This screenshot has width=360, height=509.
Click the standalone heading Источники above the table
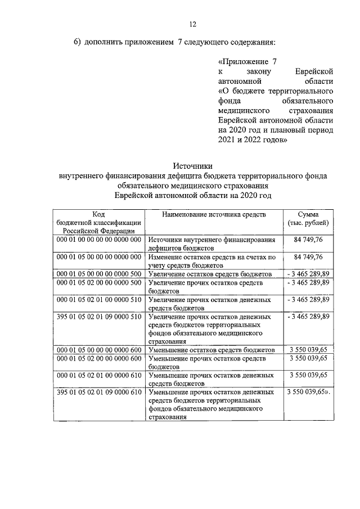pos(193,166)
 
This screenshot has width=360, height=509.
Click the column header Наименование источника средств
pos(214,215)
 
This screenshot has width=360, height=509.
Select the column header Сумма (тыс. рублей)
pos(308,219)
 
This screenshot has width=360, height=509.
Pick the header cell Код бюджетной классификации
pos(98,223)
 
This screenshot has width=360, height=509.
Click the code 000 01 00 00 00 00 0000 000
pos(98,240)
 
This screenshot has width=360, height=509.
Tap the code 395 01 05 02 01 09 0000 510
pos(98,317)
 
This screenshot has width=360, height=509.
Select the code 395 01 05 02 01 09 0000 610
pos(98,391)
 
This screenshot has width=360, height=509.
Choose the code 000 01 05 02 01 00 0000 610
pos(98,375)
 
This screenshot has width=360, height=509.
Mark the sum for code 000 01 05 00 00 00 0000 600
pos(308,349)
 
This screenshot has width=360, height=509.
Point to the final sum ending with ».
pos(308,391)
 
